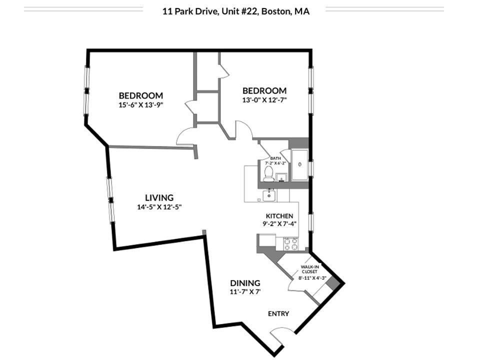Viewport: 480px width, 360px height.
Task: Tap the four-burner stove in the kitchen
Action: click(291, 244)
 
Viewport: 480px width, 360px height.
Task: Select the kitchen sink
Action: click(269, 195)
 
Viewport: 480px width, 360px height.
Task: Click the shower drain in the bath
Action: click(299, 164)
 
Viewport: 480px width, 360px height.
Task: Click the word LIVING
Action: click(159, 197)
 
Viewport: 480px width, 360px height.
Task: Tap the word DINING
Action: click(245, 283)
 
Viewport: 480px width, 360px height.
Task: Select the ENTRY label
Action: click(278, 313)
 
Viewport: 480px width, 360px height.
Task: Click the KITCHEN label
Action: click(279, 216)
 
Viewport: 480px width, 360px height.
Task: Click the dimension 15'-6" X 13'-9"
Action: click(140, 105)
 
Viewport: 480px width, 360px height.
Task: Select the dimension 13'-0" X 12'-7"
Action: click(264, 99)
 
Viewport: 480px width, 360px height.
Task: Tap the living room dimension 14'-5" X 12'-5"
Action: click(159, 207)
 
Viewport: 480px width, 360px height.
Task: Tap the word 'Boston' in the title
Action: click(275, 11)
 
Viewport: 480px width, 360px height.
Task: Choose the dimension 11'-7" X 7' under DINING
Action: click(245, 292)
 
